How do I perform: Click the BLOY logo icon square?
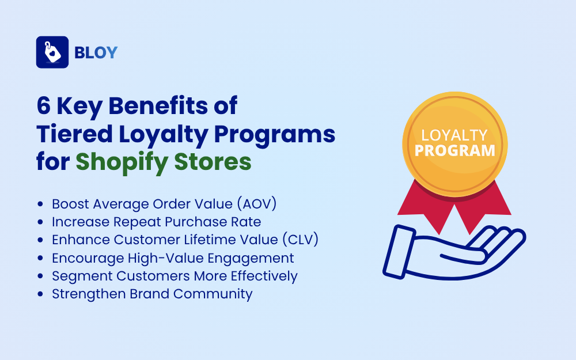(x=52, y=52)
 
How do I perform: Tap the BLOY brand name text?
(x=96, y=53)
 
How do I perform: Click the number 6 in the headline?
(x=44, y=107)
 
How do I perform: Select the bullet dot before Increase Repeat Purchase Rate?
(x=40, y=222)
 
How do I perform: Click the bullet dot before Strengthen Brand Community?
(x=40, y=294)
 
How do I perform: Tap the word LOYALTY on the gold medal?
(x=454, y=135)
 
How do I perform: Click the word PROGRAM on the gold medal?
(x=455, y=150)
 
